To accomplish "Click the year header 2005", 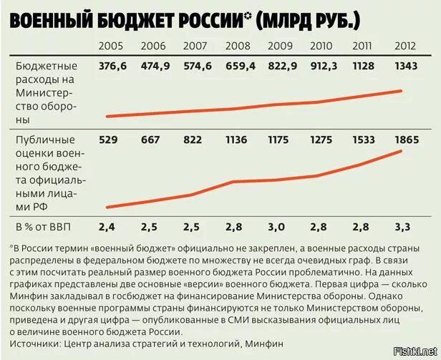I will coord(111,47).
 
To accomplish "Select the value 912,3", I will coord(321,66).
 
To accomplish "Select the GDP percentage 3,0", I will coord(278,227).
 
